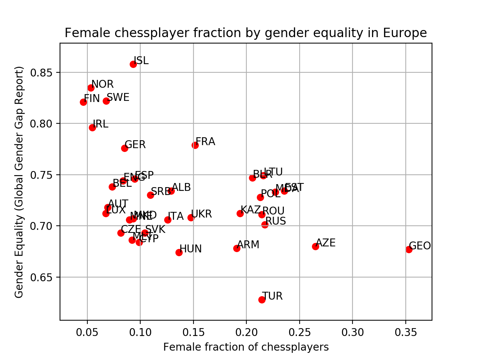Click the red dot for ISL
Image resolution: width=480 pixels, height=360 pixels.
coord(133,64)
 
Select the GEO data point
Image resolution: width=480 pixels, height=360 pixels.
coord(409,249)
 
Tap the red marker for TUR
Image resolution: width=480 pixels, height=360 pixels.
coord(262,300)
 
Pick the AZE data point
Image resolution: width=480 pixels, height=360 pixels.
coord(315,246)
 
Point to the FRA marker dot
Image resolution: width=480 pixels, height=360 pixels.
coord(195,145)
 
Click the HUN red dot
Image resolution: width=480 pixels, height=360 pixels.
coord(179,252)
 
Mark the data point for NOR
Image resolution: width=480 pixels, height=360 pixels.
coord(91,88)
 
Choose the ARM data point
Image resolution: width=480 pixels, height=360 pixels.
coord(237,248)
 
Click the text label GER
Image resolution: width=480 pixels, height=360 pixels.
coord(135,145)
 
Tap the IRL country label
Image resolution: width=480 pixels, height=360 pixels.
coord(100,124)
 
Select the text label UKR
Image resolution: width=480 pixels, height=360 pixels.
coord(201,214)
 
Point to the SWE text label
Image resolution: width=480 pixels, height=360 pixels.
coord(118,97)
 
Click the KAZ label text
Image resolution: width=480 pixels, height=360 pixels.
coord(250,210)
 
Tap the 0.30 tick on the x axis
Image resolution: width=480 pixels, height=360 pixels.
coord(352,332)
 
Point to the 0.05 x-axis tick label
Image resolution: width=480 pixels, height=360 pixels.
coord(87,332)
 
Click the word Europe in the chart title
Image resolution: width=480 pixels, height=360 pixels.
coord(405,33)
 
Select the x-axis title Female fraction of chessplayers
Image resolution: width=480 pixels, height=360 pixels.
coord(246,347)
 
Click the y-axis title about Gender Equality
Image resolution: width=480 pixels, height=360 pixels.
coord(19,182)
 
